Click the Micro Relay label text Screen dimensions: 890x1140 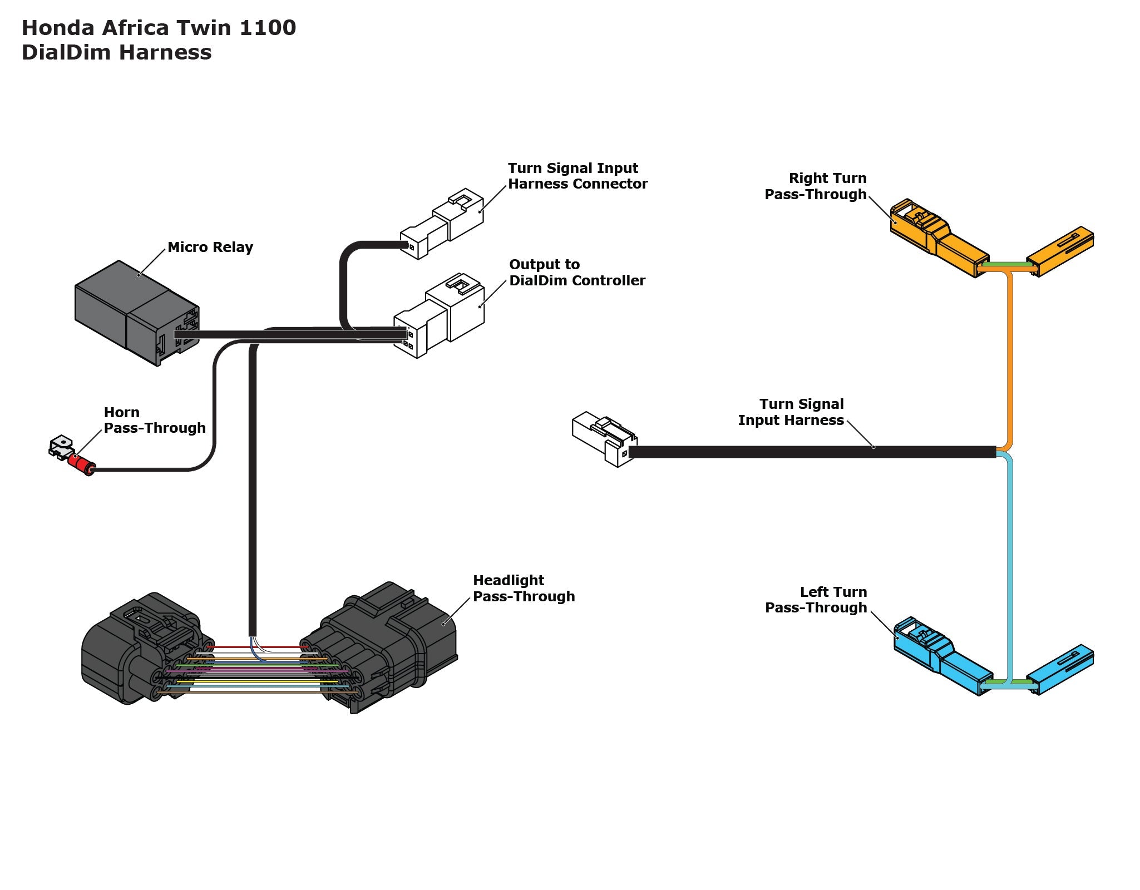210,247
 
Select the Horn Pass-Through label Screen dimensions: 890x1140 154,420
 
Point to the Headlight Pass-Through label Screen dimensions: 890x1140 523,588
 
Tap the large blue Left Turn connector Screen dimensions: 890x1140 940,656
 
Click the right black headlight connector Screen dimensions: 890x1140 389,645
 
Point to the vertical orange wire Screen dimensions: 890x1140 1010,362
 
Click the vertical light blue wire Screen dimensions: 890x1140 1010,556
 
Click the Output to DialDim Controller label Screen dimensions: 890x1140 577,273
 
